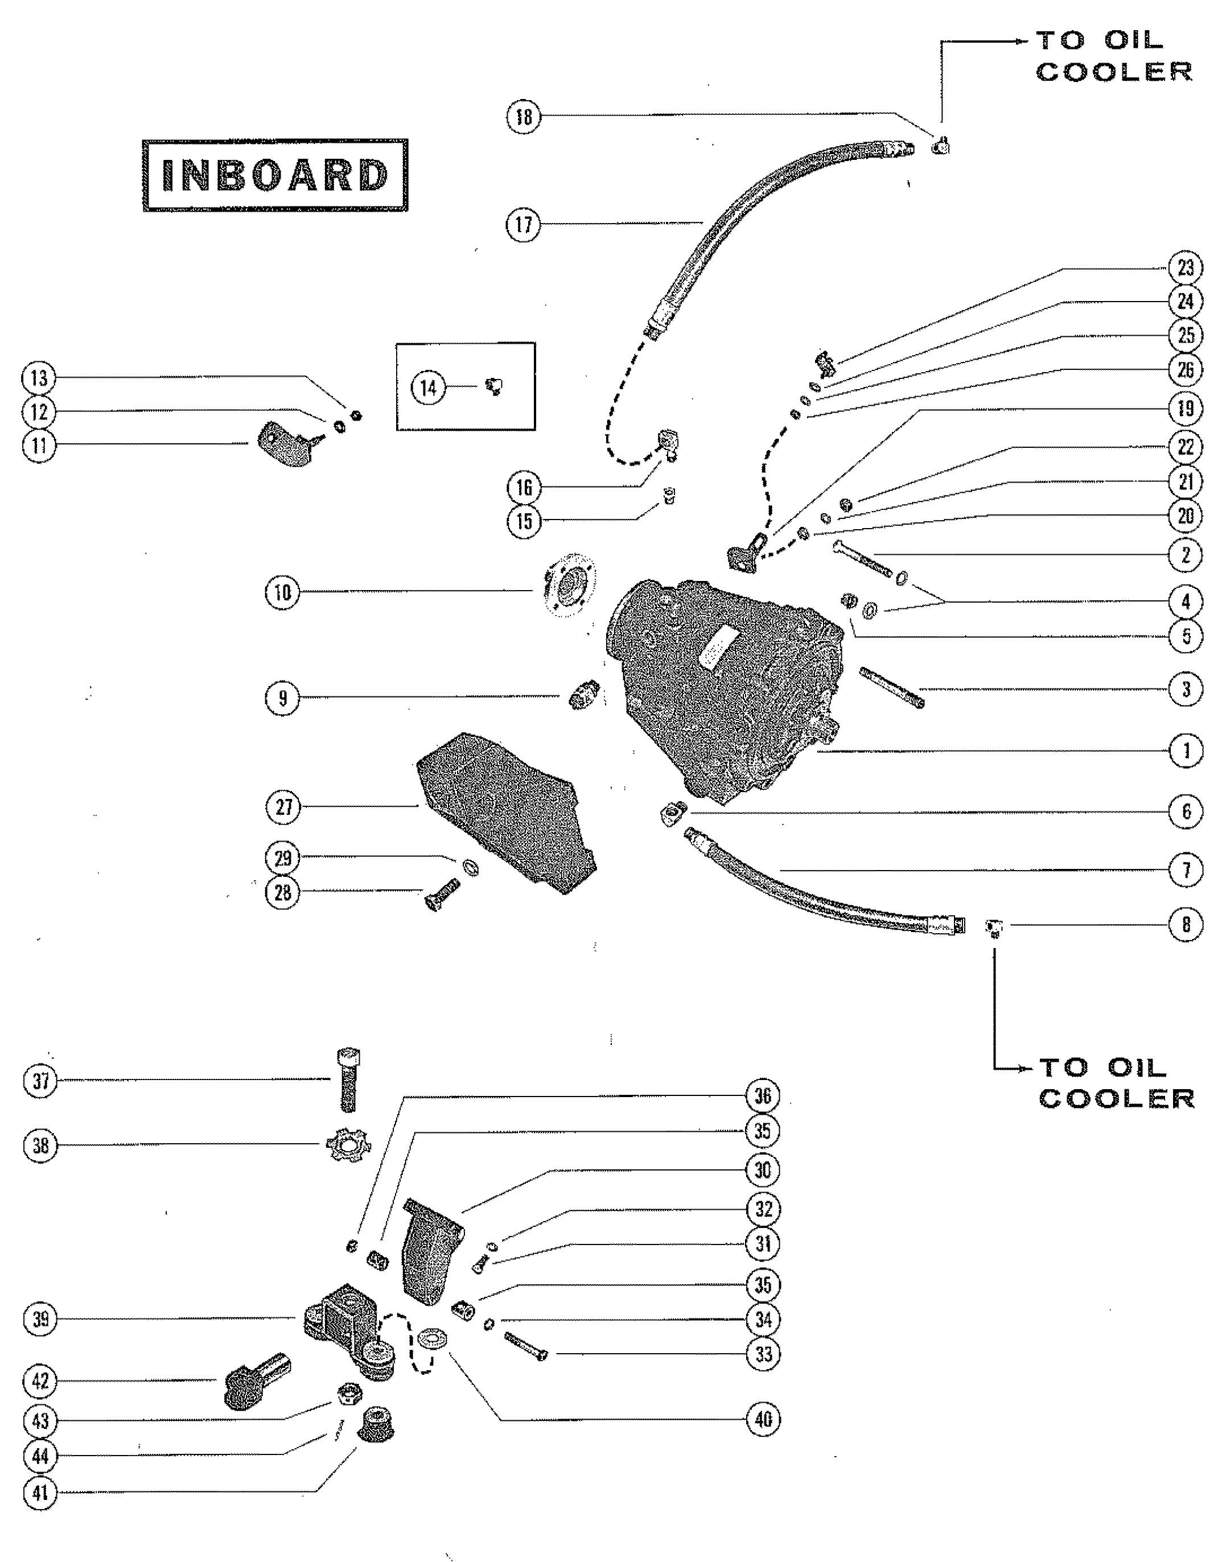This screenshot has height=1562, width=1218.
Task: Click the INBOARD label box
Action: click(x=275, y=175)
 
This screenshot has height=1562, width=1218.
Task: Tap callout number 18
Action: click(x=524, y=116)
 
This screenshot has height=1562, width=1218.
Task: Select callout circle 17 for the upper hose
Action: click(x=524, y=225)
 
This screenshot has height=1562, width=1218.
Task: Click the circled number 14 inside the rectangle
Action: click(x=427, y=388)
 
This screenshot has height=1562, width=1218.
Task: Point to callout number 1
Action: click(x=1186, y=751)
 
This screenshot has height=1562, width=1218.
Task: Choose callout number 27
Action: click(x=284, y=807)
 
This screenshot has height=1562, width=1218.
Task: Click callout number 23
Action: click(x=1186, y=267)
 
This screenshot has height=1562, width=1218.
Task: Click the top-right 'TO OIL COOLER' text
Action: click(x=1114, y=55)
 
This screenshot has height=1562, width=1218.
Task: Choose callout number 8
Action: click(x=1186, y=924)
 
